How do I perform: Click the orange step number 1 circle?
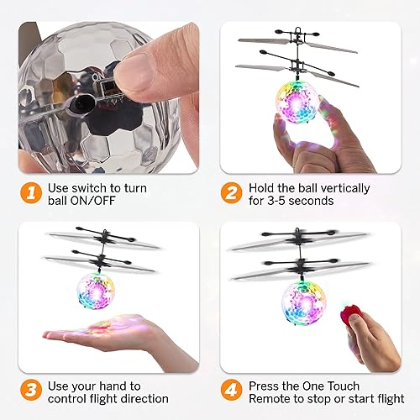(x=30, y=193)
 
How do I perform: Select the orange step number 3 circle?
(x=30, y=391)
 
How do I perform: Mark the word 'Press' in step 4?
(x=265, y=386)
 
